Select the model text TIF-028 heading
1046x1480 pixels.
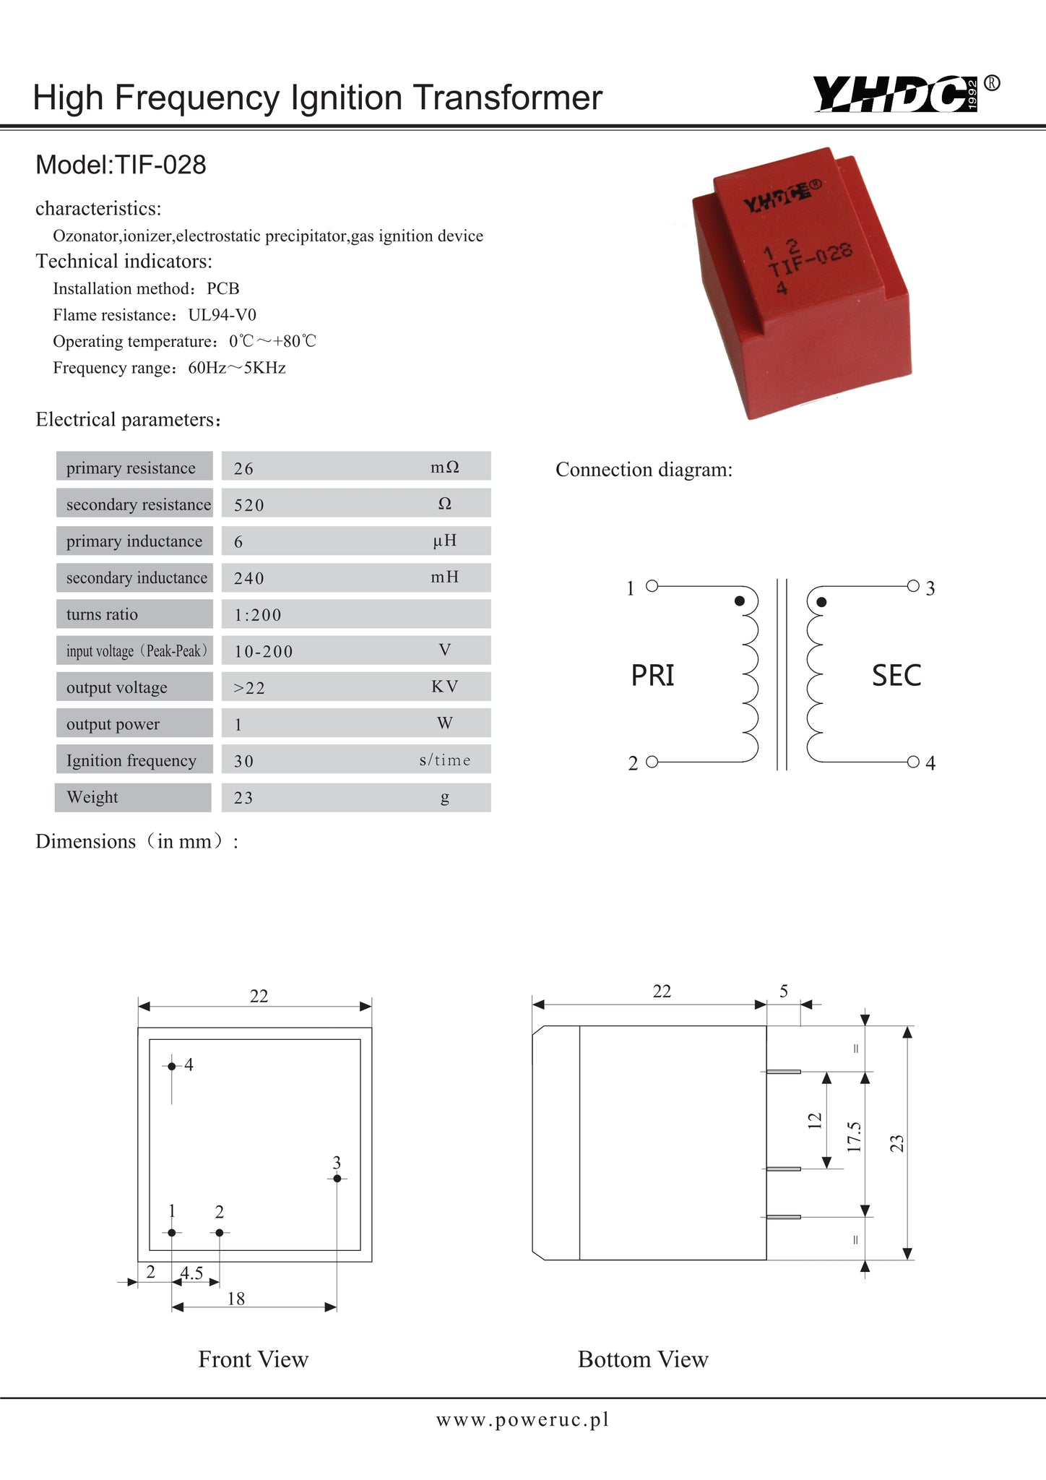click(x=121, y=165)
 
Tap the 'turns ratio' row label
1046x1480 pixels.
click(x=102, y=614)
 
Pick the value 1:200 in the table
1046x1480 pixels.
click(x=257, y=615)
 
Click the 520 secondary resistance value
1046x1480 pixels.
click(x=249, y=505)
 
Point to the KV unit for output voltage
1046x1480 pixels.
click(x=444, y=687)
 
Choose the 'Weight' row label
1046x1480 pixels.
click(x=92, y=797)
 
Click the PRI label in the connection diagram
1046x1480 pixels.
click(x=652, y=675)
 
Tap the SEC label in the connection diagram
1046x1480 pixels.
click(x=896, y=676)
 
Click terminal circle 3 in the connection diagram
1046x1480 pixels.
click(x=913, y=585)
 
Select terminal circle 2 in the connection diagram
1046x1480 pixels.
click(x=652, y=762)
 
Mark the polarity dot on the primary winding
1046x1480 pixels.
click(x=739, y=601)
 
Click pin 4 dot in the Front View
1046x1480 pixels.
click(x=172, y=1066)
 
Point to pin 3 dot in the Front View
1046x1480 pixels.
click(x=337, y=1179)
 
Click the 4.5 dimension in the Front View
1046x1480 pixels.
click(x=192, y=1273)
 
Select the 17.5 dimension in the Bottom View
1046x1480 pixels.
click(x=855, y=1137)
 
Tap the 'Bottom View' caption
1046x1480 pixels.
click(x=643, y=1359)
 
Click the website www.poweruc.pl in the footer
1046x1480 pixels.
click(x=522, y=1420)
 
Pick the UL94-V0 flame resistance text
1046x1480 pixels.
click(x=222, y=315)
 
